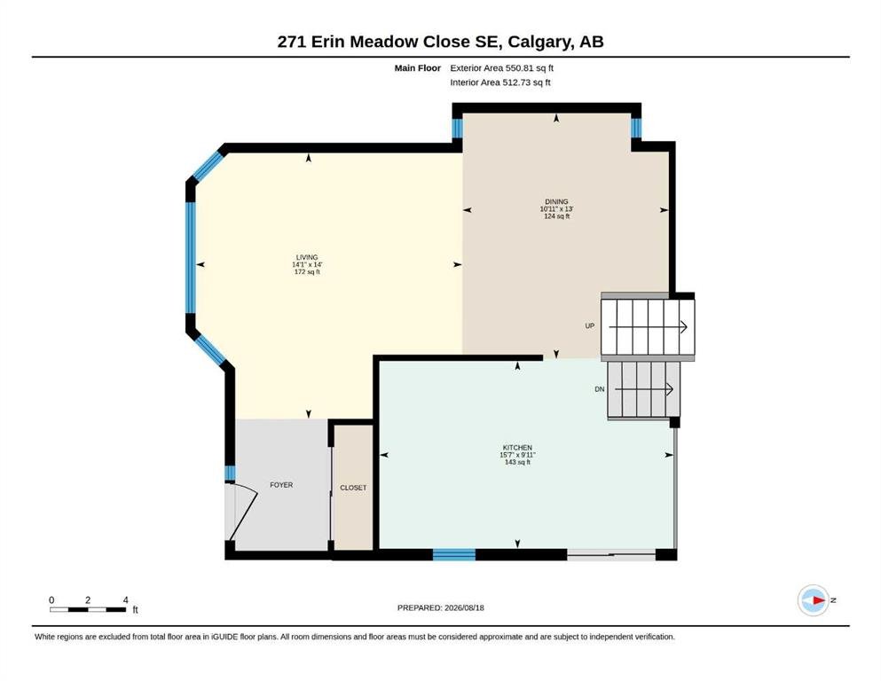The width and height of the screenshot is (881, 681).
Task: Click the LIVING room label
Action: (307, 257)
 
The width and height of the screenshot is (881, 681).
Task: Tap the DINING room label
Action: (556, 201)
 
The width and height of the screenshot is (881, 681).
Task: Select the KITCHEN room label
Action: (517, 448)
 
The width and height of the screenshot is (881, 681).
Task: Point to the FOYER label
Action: (281, 484)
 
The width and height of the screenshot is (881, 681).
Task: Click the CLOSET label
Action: (353, 488)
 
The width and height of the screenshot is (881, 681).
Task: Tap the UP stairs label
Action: (589, 325)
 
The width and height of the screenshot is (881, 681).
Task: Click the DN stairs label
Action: (600, 389)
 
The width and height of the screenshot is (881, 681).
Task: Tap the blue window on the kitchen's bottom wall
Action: (454, 555)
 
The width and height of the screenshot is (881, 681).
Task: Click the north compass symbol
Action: (814, 600)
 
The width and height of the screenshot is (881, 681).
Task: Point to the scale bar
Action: (88, 609)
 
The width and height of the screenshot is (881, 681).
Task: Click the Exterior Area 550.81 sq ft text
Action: (502, 68)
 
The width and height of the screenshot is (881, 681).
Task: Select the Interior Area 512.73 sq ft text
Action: (500, 82)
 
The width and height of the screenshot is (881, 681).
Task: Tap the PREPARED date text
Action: (440, 607)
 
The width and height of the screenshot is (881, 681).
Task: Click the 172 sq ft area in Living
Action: (307, 271)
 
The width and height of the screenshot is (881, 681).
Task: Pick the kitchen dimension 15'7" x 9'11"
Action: (517, 455)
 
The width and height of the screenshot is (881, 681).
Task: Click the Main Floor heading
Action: (418, 68)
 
